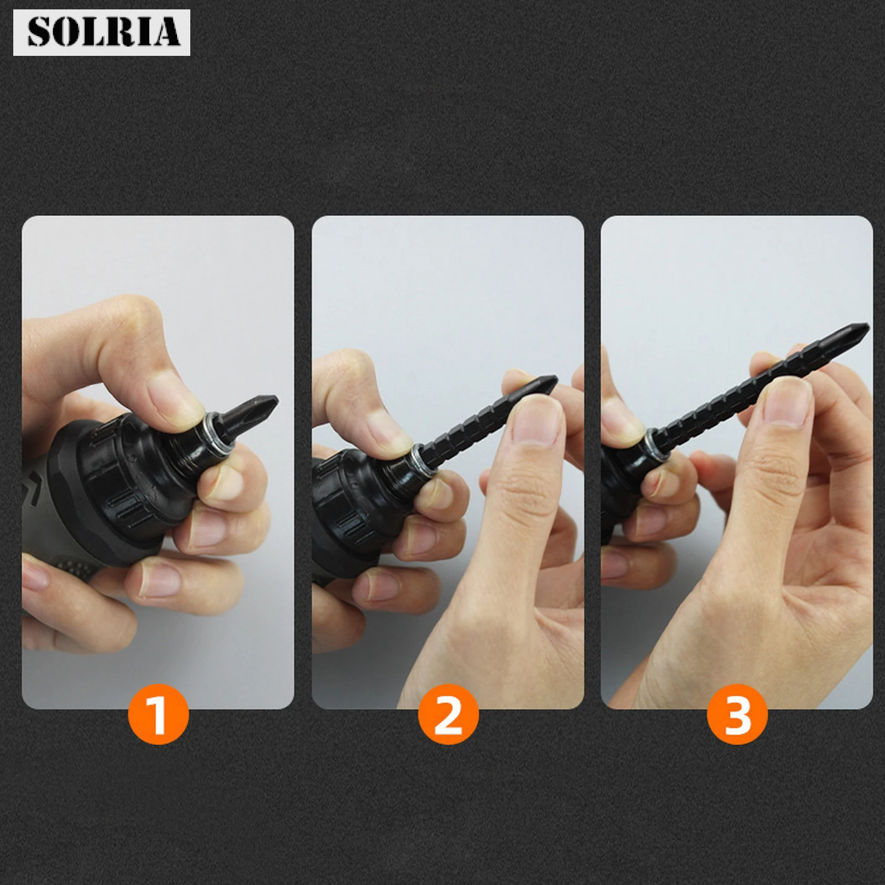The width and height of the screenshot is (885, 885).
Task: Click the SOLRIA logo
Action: click(102, 33)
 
